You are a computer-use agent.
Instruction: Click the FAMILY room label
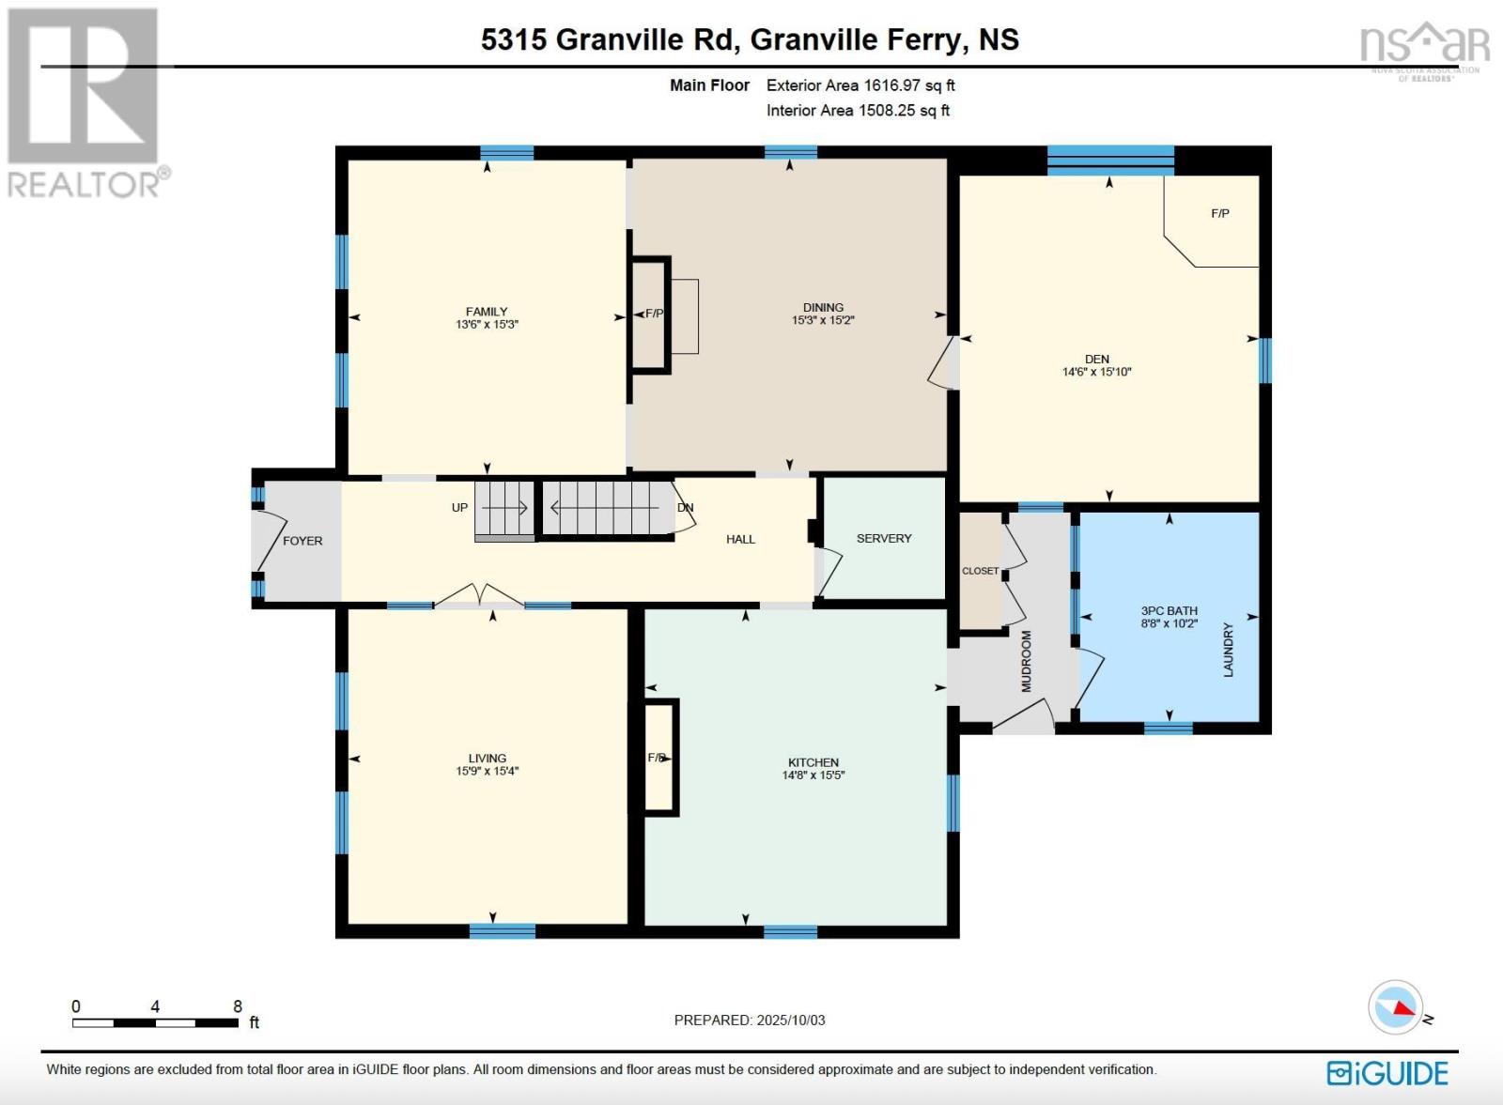click(x=487, y=312)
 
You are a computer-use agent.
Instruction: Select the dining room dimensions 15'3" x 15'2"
click(x=823, y=320)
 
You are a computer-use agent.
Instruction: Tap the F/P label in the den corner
click(x=1219, y=214)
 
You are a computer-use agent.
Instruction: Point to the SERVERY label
click(x=884, y=539)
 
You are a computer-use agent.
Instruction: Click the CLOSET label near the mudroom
click(x=980, y=571)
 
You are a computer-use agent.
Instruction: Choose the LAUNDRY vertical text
click(x=1228, y=650)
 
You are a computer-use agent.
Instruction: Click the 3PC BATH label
click(x=1169, y=610)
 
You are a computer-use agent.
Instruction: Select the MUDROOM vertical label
click(x=1026, y=661)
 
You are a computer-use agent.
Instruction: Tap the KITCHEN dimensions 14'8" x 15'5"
click(x=813, y=775)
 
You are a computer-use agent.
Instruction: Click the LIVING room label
click(x=487, y=759)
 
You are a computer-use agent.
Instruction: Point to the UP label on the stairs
click(x=459, y=508)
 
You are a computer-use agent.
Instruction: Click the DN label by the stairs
click(x=686, y=508)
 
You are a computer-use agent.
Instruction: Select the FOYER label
click(x=302, y=541)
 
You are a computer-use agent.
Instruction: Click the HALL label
click(x=740, y=539)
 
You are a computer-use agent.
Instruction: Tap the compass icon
click(x=1395, y=1007)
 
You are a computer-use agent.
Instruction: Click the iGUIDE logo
click(x=1387, y=1073)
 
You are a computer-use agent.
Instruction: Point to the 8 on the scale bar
click(x=238, y=1006)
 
